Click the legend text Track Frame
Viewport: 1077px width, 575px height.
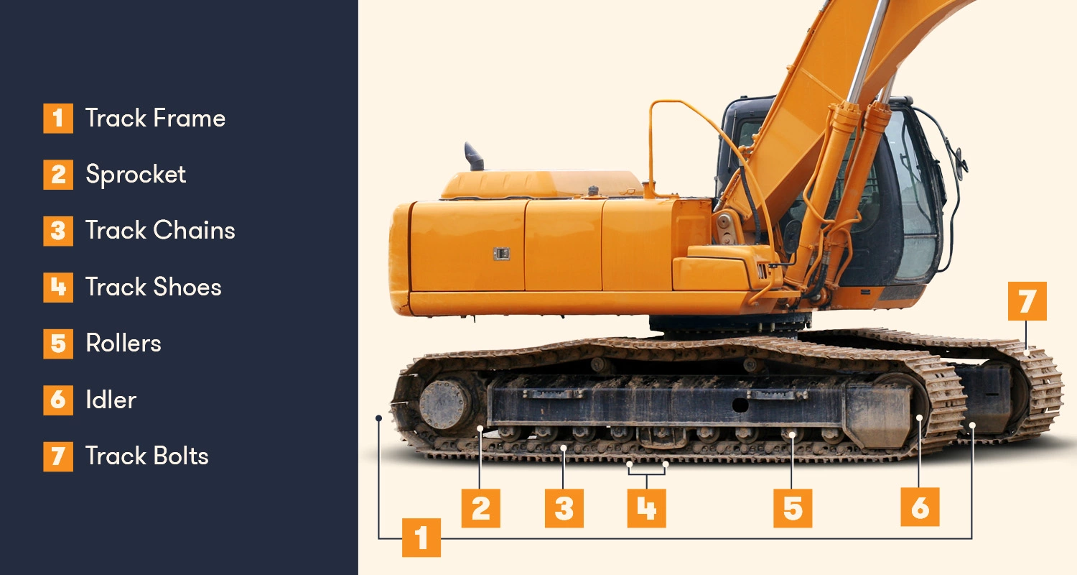155,119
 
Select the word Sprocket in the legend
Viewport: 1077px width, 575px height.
136,175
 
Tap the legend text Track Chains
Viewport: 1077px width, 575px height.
160,231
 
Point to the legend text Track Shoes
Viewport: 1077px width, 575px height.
154,287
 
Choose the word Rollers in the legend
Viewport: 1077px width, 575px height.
123,344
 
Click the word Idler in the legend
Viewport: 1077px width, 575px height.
111,400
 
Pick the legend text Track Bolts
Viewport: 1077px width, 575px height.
147,456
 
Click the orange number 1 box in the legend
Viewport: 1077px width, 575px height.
58,119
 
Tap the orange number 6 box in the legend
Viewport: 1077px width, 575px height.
58,400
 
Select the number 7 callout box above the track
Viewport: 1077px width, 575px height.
1027,301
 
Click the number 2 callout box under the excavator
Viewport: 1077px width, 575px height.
481,508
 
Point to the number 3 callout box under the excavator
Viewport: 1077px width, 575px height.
564,508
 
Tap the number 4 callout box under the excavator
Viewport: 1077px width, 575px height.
647,508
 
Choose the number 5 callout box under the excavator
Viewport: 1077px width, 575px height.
793,508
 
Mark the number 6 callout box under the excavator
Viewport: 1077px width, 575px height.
920,507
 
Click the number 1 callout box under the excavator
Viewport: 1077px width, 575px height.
421,538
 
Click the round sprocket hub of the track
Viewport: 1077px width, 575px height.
445,405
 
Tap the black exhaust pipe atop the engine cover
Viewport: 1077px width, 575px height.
474,157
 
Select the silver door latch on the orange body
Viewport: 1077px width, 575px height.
501,254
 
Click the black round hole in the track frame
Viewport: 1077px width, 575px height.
740,405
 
